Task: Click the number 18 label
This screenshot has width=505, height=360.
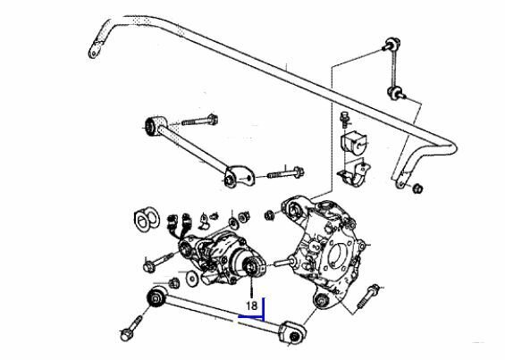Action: (x=252, y=306)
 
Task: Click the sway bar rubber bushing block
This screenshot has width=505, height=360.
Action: (x=353, y=142)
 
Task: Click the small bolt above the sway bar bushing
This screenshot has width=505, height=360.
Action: (x=345, y=120)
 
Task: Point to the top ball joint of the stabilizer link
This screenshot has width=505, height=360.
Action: (x=392, y=44)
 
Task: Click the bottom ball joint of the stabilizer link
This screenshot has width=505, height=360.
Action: (x=395, y=93)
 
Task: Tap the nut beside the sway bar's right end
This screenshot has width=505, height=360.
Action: (x=417, y=188)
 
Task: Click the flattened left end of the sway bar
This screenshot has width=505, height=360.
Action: (x=96, y=49)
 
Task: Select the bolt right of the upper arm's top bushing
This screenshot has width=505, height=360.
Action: (x=200, y=121)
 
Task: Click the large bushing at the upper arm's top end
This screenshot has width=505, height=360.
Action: (x=155, y=125)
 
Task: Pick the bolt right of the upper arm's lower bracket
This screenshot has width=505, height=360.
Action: (x=286, y=173)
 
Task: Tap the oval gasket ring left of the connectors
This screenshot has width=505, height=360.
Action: (x=147, y=219)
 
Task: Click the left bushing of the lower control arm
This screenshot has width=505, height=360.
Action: (x=156, y=297)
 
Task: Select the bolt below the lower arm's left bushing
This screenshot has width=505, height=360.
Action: (x=131, y=329)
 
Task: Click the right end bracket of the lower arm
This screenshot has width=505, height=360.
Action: (x=292, y=332)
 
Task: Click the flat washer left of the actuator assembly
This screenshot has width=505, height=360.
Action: (x=192, y=277)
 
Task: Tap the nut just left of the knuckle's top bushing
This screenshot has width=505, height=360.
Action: (x=269, y=215)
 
